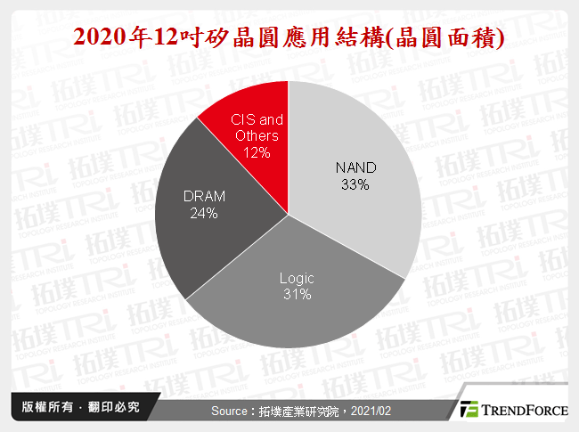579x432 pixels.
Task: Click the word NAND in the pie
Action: point(355,167)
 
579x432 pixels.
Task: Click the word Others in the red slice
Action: point(257,135)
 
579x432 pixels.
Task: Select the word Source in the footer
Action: point(232,411)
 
